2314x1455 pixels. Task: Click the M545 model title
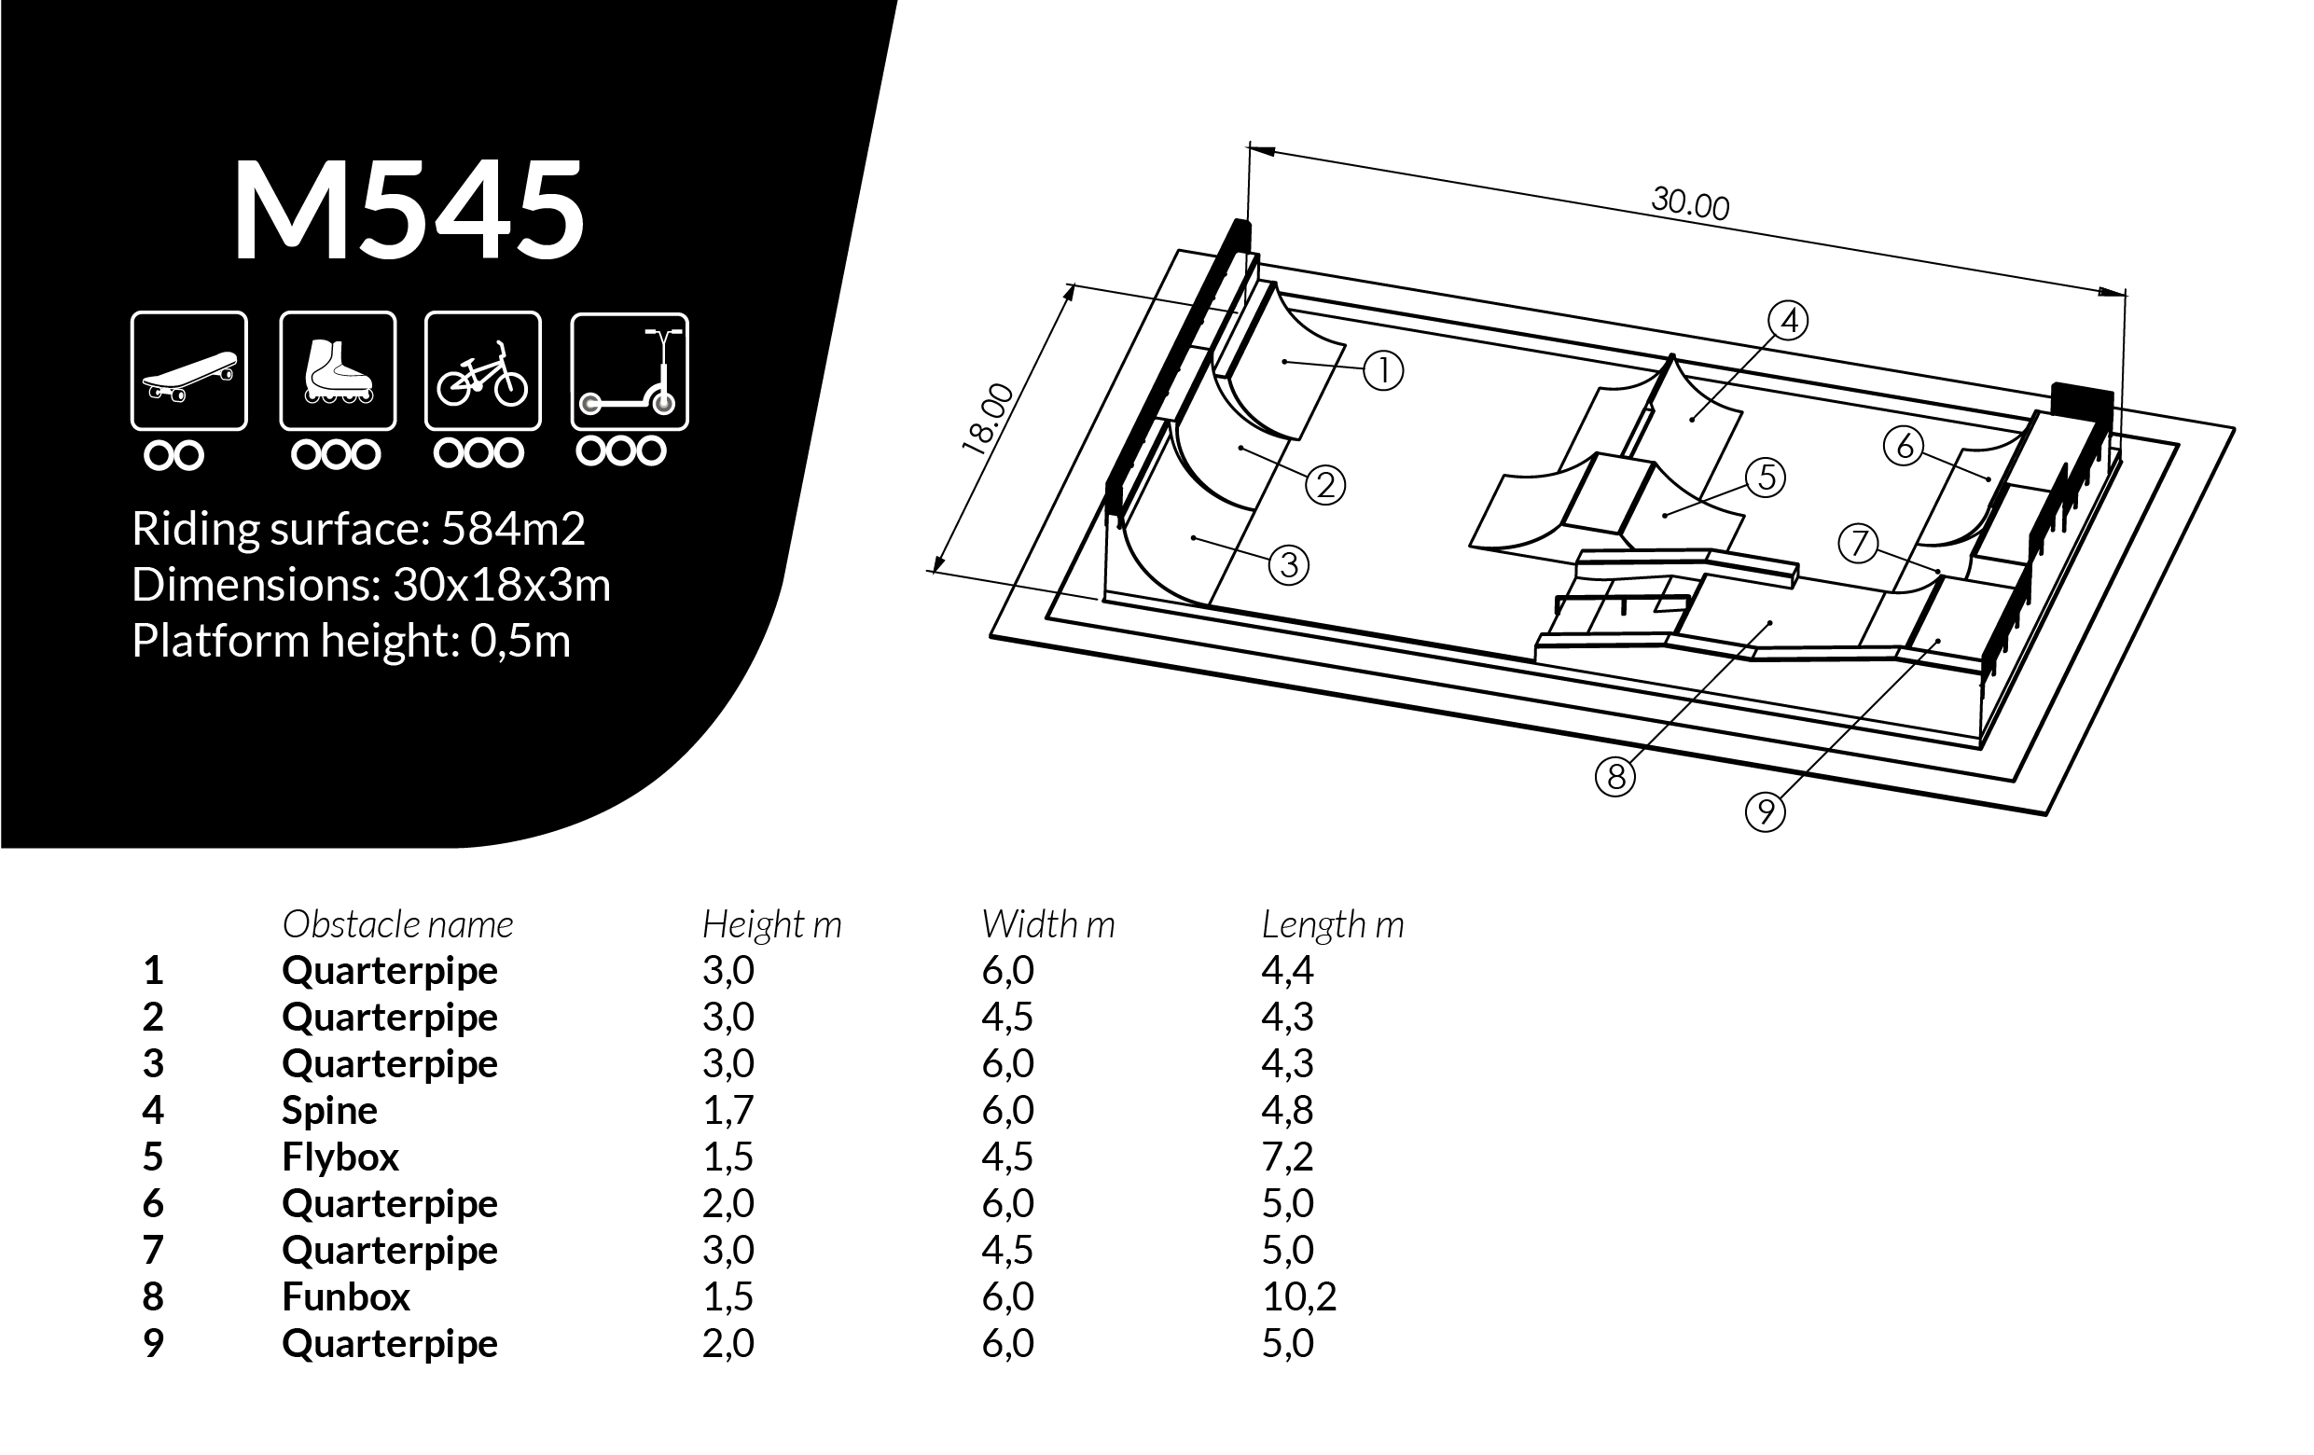(409, 211)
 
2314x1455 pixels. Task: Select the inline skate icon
(339, 371)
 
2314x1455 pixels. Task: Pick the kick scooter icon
(630, 371)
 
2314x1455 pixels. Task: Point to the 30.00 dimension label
(1690, 203)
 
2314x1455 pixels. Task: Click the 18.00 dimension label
(988, 418)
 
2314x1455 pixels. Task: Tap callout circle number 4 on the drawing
(1788, 320)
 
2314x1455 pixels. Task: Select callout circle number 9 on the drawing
(1766, 813)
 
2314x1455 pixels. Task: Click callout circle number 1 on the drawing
(1384, 371)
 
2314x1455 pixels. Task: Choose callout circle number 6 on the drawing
(1904, 446)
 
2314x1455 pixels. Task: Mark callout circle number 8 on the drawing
(1615, 776)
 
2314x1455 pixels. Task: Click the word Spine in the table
(329, 1111)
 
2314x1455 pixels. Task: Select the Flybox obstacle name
(340, 1157)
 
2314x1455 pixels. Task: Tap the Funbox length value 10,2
(1299, 1296)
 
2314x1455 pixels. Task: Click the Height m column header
(771, 924)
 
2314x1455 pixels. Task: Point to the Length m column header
(1333, 924)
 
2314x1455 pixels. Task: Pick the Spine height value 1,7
(728, 1110)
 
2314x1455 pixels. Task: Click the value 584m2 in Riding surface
(513, 529)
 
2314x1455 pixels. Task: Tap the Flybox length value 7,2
(1288, 1157)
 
